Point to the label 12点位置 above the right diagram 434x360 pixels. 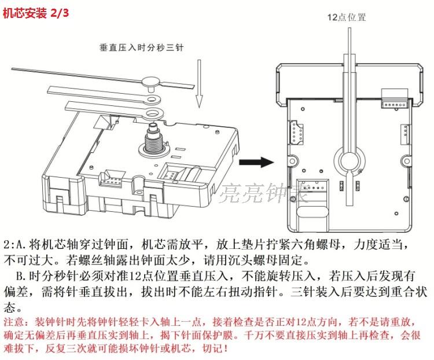tap(346, 17)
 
